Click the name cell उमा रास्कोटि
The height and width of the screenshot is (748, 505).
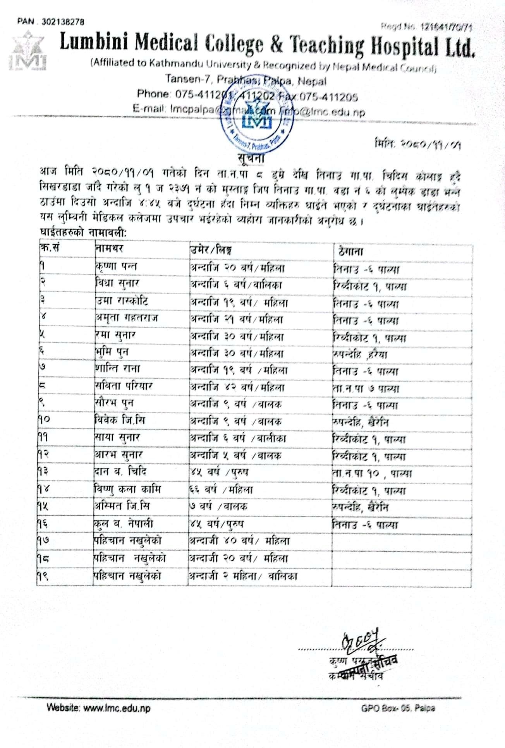tap(121, 301)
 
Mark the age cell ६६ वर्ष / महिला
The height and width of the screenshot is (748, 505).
tap(221, 490)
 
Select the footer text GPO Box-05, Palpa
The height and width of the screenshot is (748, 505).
tap(398, 708)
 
